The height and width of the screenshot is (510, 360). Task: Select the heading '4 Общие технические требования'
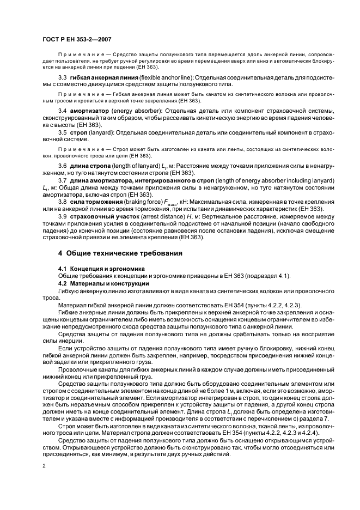click(x=121, y=254)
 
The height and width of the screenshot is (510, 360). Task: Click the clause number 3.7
click(x=62, y=180)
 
